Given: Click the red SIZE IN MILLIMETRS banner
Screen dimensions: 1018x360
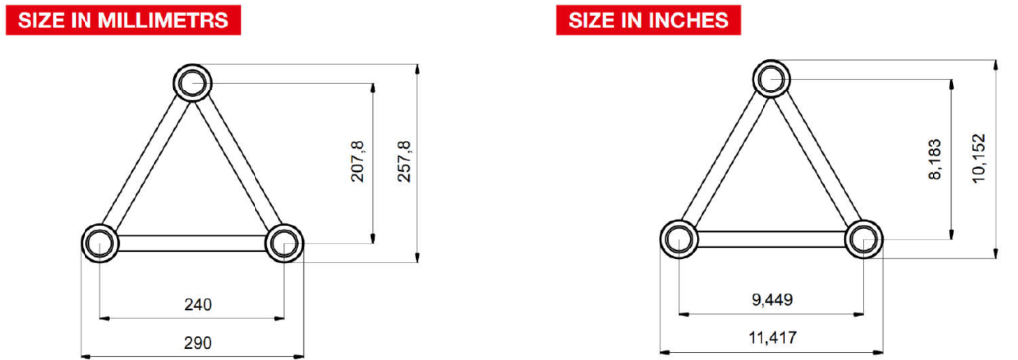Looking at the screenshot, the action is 122,20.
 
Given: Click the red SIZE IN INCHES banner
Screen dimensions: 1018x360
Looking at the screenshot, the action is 648,20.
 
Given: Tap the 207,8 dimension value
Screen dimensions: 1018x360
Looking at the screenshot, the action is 358,161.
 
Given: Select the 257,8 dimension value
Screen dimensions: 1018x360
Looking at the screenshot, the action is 405,161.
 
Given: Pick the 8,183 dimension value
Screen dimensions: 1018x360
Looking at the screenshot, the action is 936,159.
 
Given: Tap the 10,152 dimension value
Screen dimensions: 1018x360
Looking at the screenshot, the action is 980,158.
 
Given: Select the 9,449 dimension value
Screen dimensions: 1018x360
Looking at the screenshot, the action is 770,300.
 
